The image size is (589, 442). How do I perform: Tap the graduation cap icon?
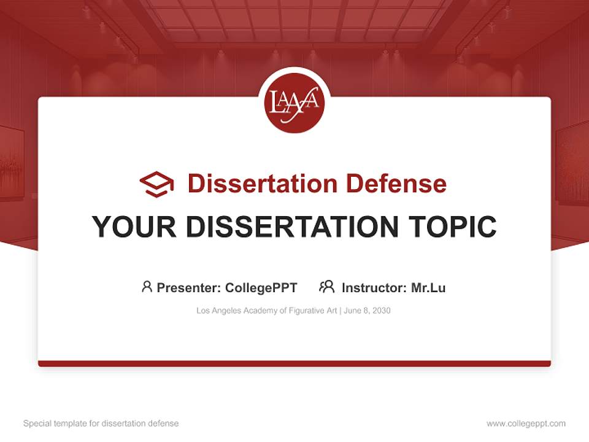(156, 184)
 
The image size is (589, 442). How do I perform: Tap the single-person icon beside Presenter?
(147, 287)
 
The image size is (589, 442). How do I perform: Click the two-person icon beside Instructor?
(326, 287)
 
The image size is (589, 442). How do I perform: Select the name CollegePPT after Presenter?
(261, 288)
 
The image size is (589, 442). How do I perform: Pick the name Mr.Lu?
(428, 288)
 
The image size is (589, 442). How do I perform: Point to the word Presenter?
(189, 288)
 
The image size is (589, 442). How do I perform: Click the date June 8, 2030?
(368, 311)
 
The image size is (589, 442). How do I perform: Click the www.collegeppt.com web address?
(526, 424)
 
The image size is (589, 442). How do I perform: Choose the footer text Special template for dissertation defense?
(101, 424)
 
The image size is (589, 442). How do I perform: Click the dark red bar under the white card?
(294, 363)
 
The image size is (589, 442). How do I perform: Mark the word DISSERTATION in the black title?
(292, 227)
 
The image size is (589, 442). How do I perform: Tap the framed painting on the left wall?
(10, 163)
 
